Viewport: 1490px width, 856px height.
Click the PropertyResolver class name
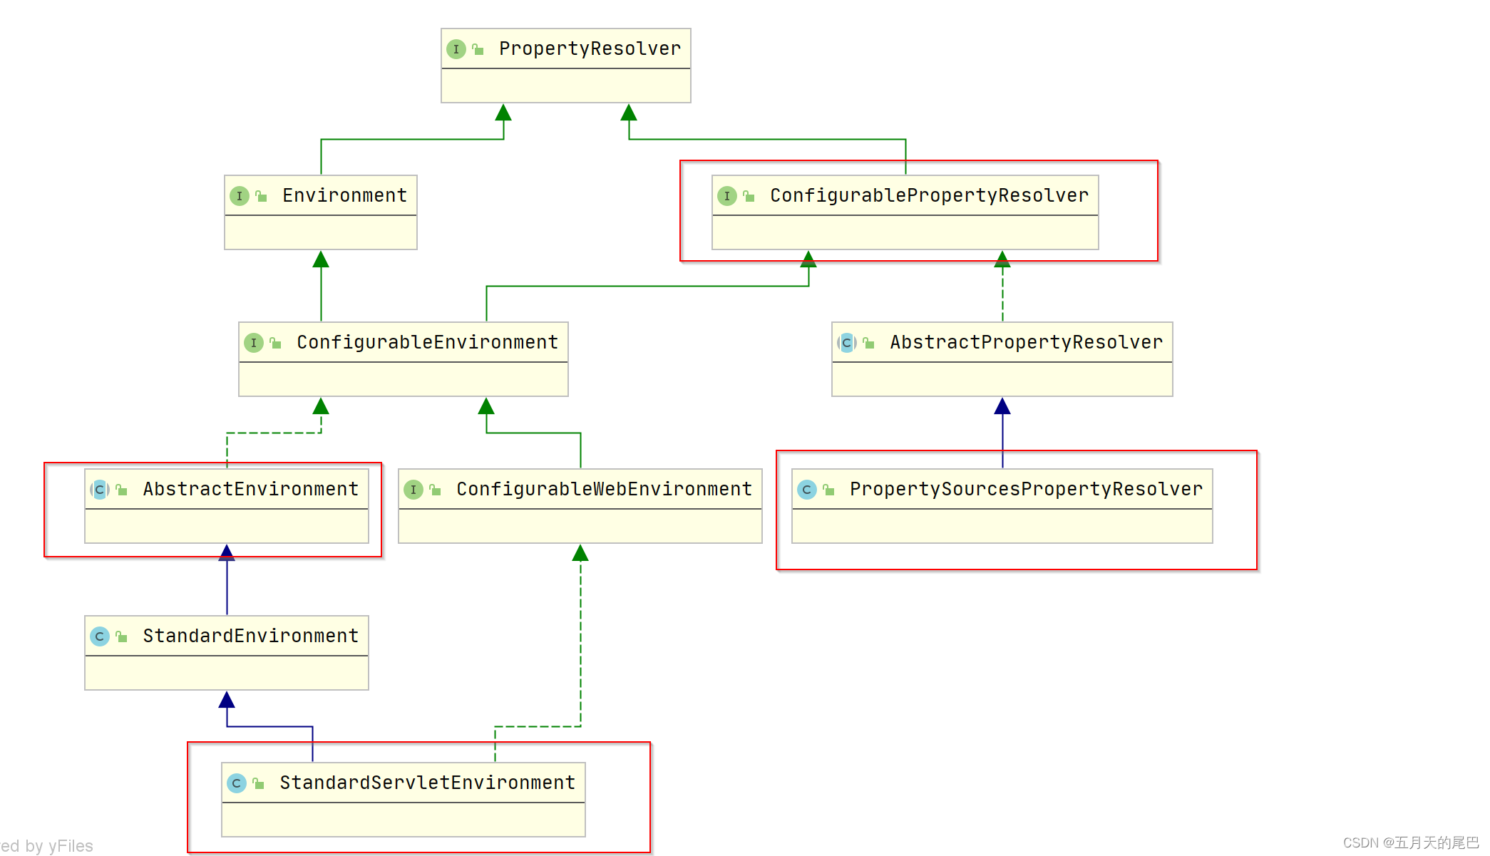click(590, 48)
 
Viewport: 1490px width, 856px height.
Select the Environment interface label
click(344, 195)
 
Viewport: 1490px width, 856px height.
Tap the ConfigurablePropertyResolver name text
click(929, 195)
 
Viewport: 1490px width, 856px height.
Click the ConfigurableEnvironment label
click(427, 342)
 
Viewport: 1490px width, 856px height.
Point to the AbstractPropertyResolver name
click(1026, 342)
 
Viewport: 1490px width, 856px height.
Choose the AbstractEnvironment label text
click(250, 489)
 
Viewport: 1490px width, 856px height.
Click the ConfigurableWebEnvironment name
click(604, 489)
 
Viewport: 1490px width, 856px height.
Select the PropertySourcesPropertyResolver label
click(1026, 489)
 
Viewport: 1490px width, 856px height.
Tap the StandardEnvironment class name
click(250, 636)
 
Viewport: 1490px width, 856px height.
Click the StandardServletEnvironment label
click(427, 783)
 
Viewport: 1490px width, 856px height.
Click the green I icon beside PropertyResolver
click(456, 49)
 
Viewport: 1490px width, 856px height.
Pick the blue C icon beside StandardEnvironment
click(100, 636)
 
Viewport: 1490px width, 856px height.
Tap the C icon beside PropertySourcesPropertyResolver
click(807, 490)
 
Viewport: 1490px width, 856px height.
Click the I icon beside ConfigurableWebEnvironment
click(413, 490)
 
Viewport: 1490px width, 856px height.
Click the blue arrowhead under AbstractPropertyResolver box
click(1002, 407)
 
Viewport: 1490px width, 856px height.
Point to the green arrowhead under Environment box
click(321, 260)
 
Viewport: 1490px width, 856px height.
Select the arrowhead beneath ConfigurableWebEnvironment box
click(580, 554)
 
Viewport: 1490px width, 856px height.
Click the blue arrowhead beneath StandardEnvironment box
click(227, 701)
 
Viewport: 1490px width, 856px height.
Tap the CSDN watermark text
click(1411, 842)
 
